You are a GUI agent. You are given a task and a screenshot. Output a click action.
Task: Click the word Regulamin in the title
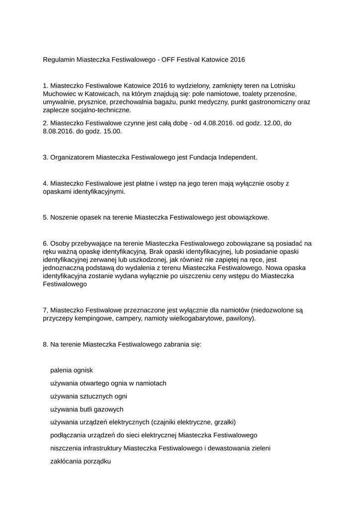click(59, 60)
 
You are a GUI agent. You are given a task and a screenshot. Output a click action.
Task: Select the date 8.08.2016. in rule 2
click(61, 132)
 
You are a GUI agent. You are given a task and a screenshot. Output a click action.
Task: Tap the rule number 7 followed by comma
click(46, 310)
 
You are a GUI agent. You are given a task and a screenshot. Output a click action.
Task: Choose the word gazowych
click(108, 410)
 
